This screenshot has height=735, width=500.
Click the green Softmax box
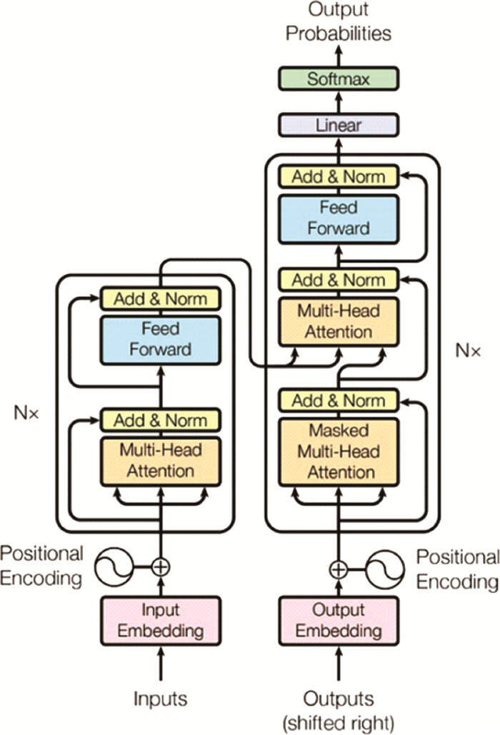coord(339,78)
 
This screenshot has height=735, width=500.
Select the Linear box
coord(339,125)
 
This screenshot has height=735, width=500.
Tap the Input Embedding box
coord(160,621)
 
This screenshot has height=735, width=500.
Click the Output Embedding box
coord(339,621)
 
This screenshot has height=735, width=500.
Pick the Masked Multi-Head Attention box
coord(339,452)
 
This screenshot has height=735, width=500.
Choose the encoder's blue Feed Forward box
coord(160,340)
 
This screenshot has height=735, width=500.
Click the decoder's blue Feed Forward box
coord(339,218)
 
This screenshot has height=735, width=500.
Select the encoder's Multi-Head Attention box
coord(160,460)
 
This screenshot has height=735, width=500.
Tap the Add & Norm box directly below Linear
coord(339,176)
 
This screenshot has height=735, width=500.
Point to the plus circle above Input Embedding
coord(161,567)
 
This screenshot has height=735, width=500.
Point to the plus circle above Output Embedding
coord(338,569)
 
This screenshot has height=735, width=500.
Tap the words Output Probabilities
coord(339,22)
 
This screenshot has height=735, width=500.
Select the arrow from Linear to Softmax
coord(339,102)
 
